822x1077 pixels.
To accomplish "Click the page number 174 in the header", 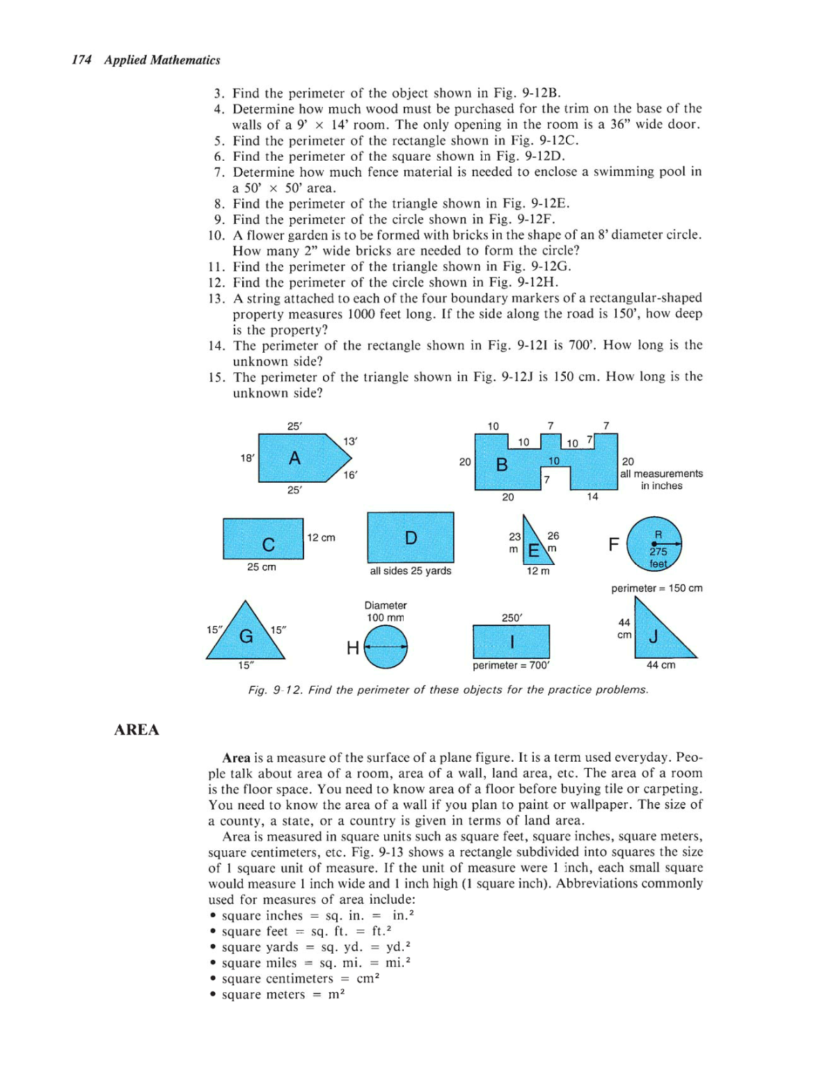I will pos(81,60).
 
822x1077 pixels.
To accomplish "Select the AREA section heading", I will pos(136,729).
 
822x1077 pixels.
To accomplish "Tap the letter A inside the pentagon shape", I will pos(294,458).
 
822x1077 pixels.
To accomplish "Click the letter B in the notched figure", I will pos(501,465).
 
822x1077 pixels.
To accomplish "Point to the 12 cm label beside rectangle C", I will pos(321,538).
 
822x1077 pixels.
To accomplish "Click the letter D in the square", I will pos(411,538).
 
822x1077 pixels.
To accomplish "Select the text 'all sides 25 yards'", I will pos(410,571).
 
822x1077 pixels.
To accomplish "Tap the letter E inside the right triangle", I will pos(533,550).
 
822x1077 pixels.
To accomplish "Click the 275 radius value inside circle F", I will pos(658,551).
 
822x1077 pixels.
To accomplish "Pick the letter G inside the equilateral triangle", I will pos(246,636).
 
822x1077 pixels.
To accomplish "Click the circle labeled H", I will pos(386,647).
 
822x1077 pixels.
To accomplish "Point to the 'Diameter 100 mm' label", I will pos(386,612).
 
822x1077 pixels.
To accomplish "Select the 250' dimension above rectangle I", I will pos(512,618).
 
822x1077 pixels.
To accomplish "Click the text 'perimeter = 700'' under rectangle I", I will pos(511,665).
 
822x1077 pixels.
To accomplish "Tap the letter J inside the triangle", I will pos(654,636).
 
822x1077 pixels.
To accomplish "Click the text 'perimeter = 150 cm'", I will pos(656,588).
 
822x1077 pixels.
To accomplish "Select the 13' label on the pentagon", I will pos(350,441).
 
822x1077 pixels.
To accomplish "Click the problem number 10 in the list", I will pos(216,235).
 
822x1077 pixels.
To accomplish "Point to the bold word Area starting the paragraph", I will pos(236,757).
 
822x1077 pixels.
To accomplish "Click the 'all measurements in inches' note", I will pos(661,479).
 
